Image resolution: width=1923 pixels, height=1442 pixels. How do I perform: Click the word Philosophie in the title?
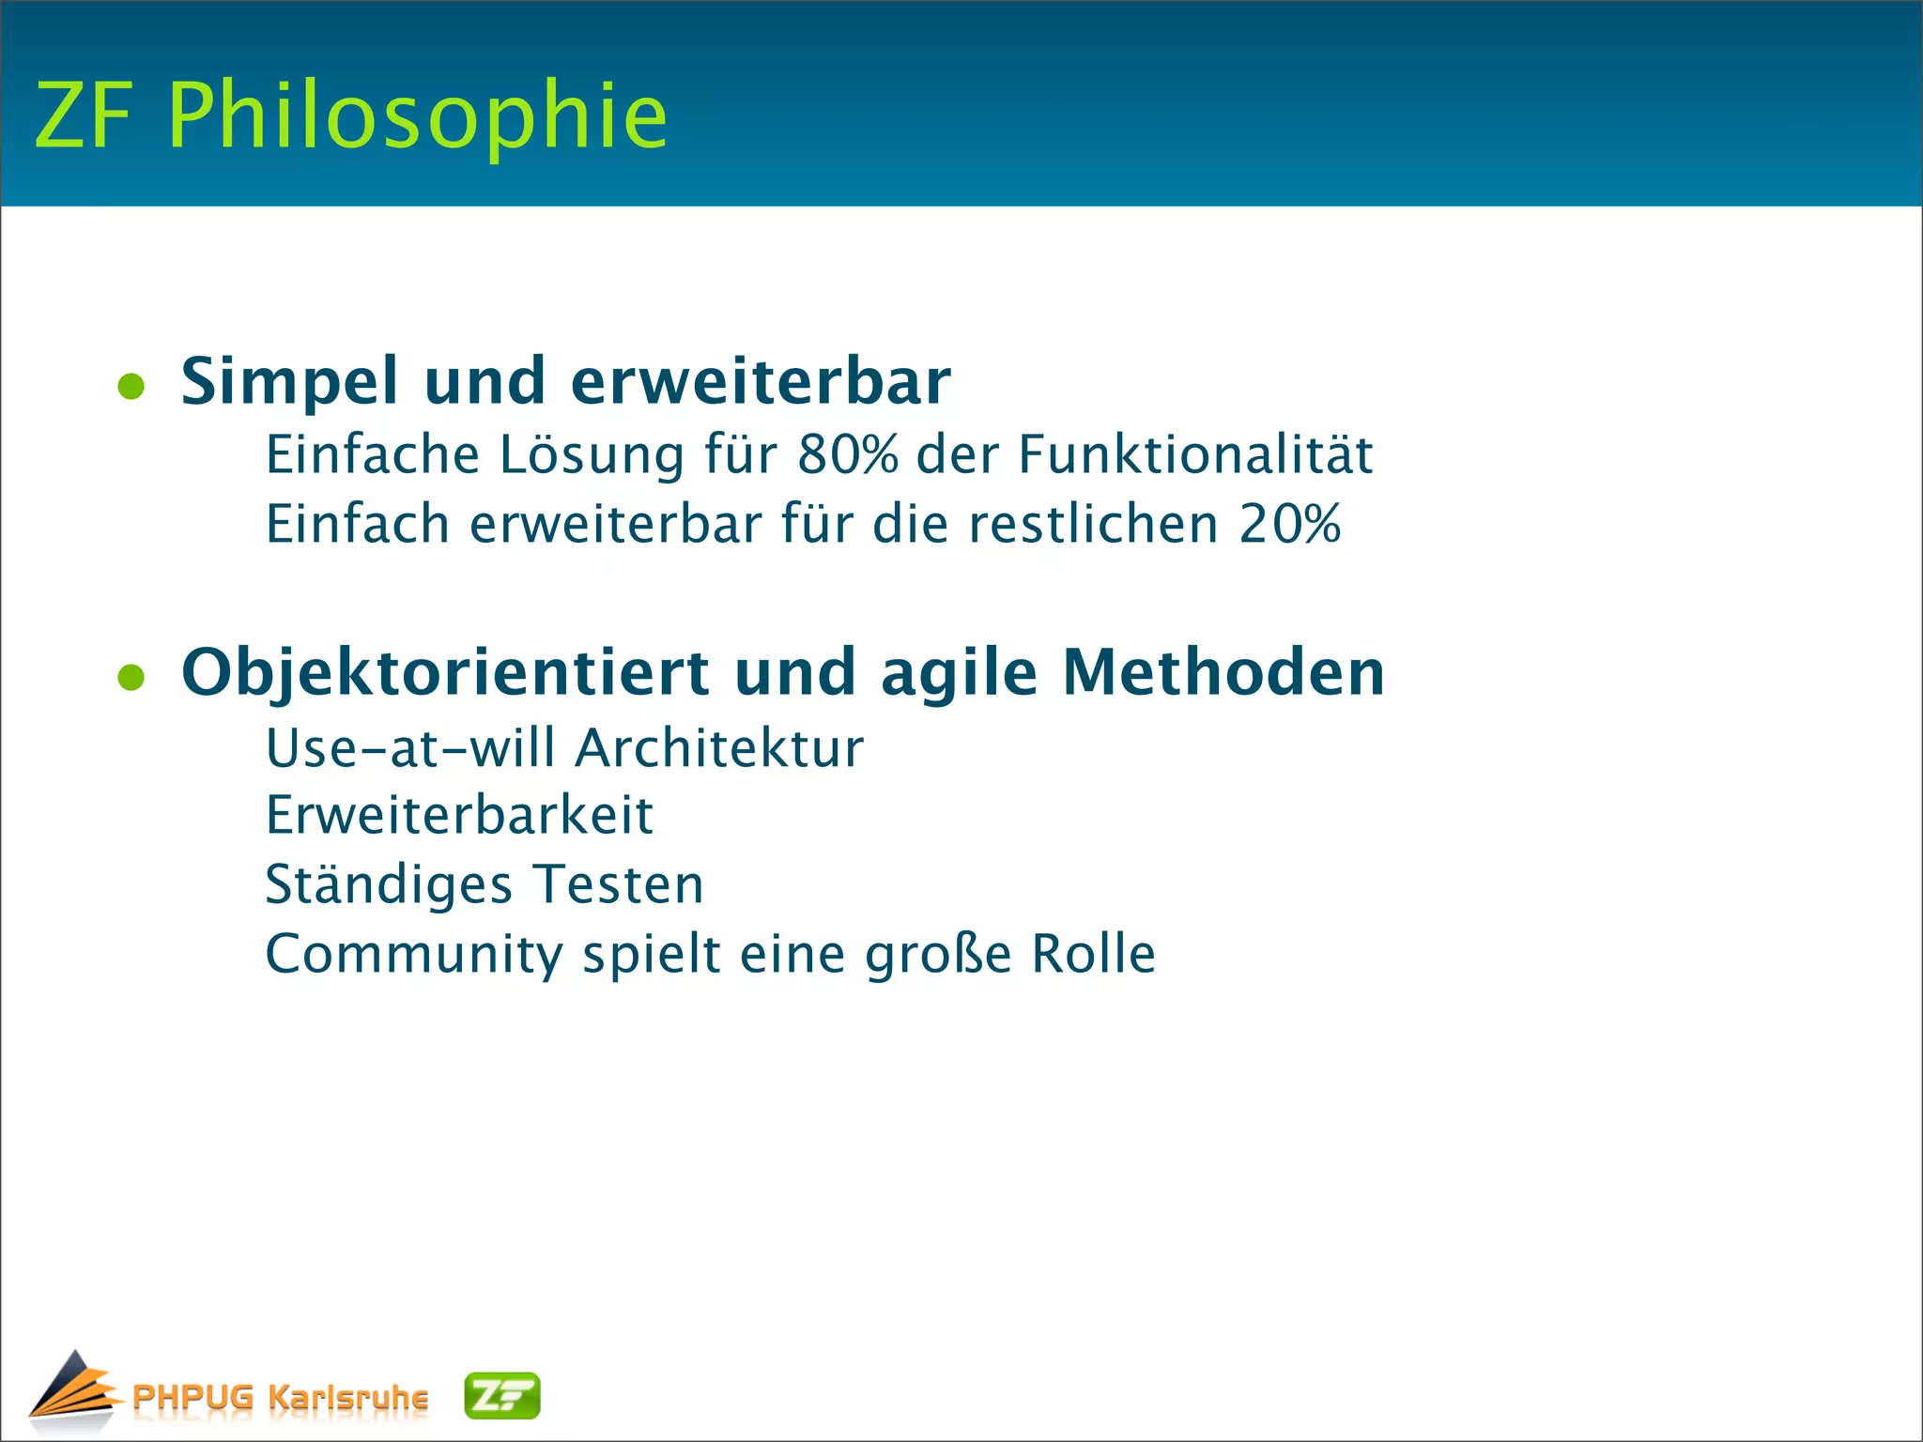418,115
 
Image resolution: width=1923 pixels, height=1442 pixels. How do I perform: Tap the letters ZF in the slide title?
83,115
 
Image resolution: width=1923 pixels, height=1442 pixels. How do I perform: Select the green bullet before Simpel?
131,387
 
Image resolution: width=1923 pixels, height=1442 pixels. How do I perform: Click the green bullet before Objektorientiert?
131,677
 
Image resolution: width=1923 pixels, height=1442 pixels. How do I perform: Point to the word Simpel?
290,382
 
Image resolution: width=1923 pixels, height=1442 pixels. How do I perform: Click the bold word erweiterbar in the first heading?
761,382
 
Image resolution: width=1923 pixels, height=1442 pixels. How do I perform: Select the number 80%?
847,455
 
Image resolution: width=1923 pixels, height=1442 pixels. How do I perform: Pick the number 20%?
1289,524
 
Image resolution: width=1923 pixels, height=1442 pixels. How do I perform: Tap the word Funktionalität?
1195,455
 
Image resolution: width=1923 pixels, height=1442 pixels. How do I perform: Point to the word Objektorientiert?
445,673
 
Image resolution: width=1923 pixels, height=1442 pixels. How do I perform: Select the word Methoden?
1223,672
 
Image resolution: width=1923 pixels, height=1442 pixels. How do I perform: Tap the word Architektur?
719,749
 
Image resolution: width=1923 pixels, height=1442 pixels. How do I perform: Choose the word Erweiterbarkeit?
459,815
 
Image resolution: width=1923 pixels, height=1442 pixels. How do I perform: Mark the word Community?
414,955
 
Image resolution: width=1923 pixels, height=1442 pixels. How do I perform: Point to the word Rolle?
1093,954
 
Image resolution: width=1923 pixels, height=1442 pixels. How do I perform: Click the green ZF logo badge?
502,1396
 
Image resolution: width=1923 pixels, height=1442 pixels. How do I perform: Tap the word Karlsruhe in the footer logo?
347,1397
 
